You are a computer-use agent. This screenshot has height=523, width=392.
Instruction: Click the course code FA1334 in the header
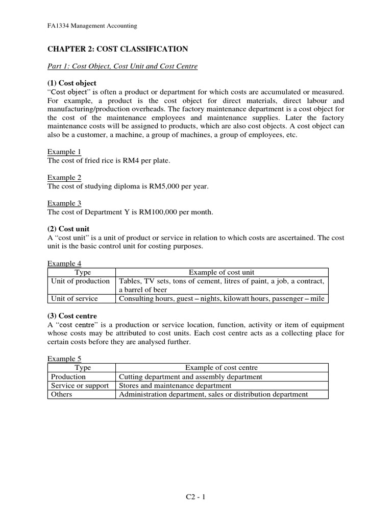pyautogui.click(x=58, y=26)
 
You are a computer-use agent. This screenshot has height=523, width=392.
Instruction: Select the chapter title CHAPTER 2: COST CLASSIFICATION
pyautogui.click(x=118, y=49)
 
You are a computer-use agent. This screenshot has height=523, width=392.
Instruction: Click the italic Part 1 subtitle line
pyautogui.click(x=122, y=66)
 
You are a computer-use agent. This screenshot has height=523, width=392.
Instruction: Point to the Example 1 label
pyautogui.click(x=64, y=152)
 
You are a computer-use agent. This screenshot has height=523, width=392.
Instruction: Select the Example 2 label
pyautogui.click(x=64, y=177)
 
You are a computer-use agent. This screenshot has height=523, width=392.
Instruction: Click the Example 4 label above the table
pyautogui.click(x=64, y=264)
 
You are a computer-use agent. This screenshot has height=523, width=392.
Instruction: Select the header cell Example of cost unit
pyautogui.click(x=222, y=273)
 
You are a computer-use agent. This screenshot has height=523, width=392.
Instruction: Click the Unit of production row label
pyautogui.click(x=80, y=281)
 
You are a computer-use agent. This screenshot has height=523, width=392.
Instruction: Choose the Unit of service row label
pyautogui.click(x=75, y=298)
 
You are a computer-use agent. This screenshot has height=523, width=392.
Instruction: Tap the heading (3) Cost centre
pyautogui.click(x=72, y=316)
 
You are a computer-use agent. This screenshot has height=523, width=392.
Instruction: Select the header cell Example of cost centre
pyautogui.click(x=222, y=368)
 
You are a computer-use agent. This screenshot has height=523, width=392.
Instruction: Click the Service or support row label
pyautogui.click(x=80, y=386)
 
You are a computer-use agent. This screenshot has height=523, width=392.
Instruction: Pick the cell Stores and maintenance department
pyautogui.click(x=175, y=386)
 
